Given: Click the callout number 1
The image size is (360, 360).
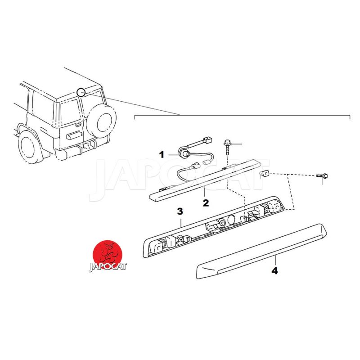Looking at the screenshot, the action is [162, 154].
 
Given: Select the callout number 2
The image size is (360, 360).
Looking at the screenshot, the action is [206, 203].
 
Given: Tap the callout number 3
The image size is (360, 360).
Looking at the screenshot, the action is [180, 211].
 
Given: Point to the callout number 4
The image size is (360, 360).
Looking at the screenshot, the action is [274, 271].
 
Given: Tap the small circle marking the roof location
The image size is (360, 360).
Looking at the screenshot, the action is [81, 92].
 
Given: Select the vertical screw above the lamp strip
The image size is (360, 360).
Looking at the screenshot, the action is [227, 147].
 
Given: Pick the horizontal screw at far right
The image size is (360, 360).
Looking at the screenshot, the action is [322, 176].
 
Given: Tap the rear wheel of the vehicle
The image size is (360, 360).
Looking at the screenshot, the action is [30, 146].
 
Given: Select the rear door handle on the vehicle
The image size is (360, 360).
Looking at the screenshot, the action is [78, 125].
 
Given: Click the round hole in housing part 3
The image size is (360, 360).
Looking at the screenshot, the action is [231, 220].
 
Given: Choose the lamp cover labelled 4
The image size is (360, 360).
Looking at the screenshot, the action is [262, 251].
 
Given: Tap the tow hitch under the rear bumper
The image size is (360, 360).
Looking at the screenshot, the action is [88, 145].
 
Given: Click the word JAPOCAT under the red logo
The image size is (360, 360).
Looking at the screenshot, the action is [108, 267].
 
